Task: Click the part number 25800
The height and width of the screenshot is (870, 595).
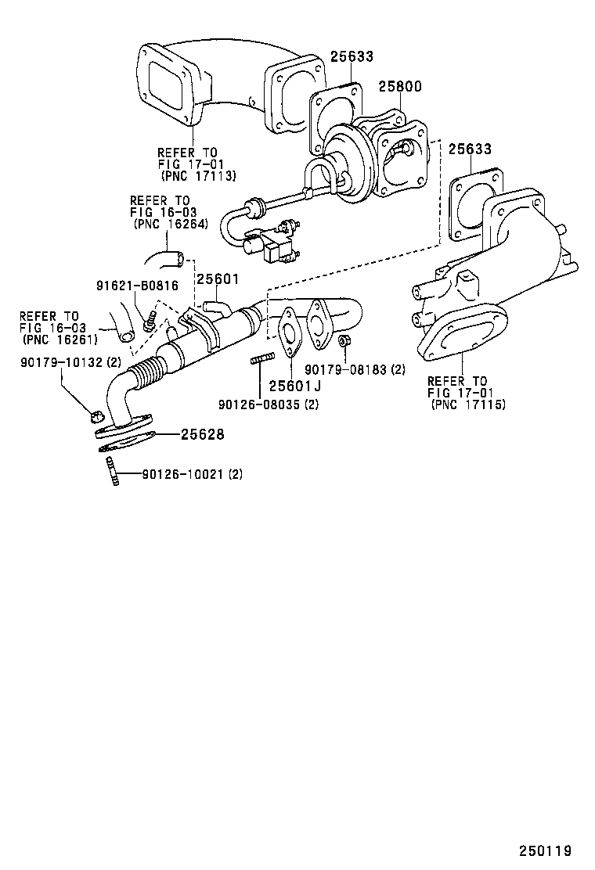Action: coord(401,86)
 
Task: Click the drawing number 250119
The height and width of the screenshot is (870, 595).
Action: coord(545,850)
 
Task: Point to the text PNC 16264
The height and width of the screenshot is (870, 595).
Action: coord(170,223)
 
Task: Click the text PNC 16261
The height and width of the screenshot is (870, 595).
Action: coord(59,340)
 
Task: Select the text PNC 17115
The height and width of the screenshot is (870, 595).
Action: coord(468,404)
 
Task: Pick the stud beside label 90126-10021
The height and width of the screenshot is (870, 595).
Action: coord(111,473)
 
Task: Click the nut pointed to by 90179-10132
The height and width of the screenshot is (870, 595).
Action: coord(97,415)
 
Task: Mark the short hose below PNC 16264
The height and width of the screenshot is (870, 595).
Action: coord(164,260)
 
